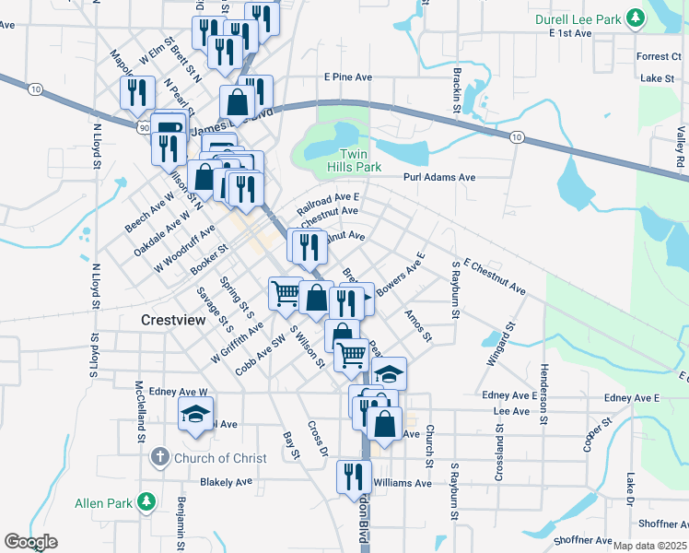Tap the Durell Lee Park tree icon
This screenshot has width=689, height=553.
(634, 18)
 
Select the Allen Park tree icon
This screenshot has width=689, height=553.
(146, 502)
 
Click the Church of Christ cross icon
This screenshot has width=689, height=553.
(159, 458)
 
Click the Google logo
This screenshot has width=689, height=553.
(30, 543)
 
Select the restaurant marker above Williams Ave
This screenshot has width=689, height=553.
(354, 476)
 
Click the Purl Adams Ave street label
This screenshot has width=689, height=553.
(439, 177)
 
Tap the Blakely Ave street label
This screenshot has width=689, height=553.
(226, 481)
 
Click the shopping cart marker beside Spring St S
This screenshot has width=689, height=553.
(286, 293)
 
